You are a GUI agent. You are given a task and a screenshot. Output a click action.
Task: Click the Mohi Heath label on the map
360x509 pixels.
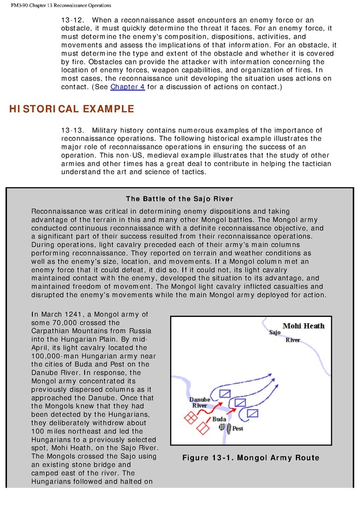303,326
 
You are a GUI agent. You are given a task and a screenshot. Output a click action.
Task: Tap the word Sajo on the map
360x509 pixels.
274,332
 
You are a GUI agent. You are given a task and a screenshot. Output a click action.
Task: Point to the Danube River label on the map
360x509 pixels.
200,402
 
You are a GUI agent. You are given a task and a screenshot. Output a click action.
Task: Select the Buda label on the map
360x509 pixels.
219,419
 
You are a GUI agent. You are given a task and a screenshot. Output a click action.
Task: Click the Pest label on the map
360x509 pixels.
238,429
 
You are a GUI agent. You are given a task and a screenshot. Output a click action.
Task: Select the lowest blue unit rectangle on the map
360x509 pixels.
253,413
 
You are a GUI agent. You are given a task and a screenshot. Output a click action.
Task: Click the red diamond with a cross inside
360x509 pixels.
190,418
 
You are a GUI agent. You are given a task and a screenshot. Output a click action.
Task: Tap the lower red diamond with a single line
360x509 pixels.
202,428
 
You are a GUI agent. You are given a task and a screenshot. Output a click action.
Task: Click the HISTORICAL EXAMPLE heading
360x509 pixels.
71,109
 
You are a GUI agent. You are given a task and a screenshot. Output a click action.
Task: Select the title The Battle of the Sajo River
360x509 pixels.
180,198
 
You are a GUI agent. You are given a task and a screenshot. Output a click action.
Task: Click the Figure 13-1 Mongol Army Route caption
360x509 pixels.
251,457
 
